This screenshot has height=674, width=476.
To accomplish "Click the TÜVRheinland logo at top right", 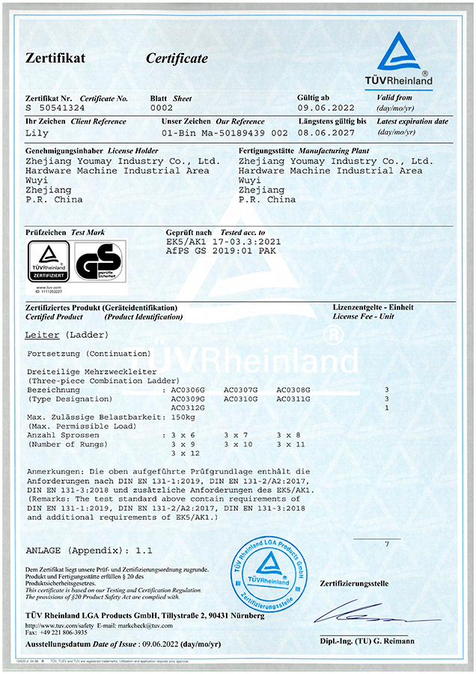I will pos(405,59).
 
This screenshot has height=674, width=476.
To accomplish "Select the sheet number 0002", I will pos(162,109).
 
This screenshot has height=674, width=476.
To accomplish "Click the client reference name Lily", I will pos(37,133).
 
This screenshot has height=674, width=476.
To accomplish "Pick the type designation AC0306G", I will pos(188,390).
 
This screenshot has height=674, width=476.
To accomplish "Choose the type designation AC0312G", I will pos(188,408).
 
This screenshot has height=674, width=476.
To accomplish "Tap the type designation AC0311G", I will pos(293,399).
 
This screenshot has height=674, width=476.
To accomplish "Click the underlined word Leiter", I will pos(42,334).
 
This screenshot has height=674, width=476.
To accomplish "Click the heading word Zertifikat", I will pos(55,58).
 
